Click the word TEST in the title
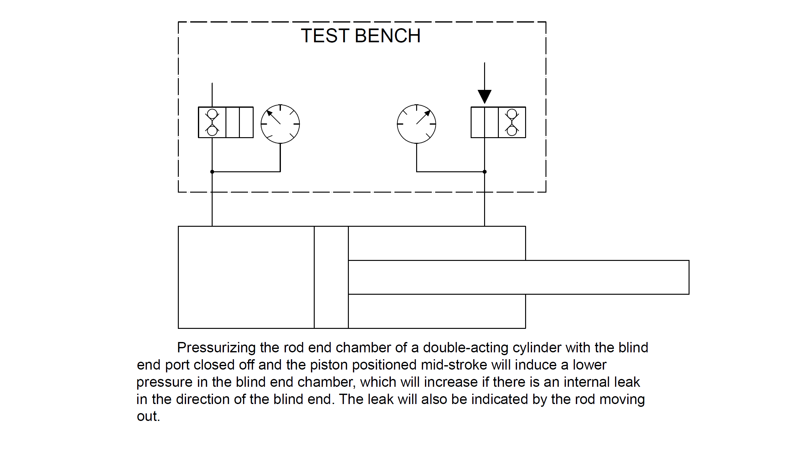tap(325, 36)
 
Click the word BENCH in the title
tap(388, 36)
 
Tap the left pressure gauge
tap(280, 124)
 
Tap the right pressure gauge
tap(416, 124)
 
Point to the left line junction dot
tap(212, 172)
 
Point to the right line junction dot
tap(485, 172)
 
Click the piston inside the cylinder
tap(331, 277)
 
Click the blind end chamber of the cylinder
tap(246, 277)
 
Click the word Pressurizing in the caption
tap(216, 348)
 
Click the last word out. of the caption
tap(148, 417)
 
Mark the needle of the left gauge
tap(273, 117)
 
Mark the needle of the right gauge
tap(423, 117)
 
